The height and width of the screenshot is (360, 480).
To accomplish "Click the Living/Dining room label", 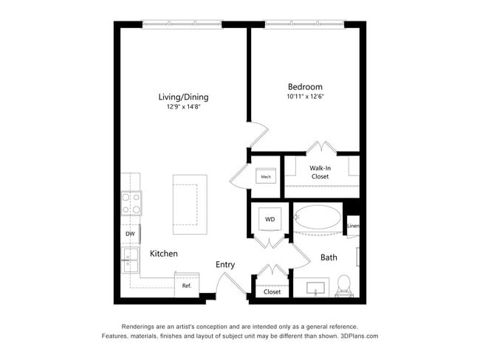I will (183, 97).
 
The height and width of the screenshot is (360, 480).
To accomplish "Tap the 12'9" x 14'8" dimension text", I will (183, 107).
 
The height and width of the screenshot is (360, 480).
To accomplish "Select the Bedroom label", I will (305, 86).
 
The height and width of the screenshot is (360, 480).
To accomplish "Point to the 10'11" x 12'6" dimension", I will (305, 97).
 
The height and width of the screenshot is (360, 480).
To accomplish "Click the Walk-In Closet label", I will (319, 173).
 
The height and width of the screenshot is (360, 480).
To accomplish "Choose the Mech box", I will (265, 177).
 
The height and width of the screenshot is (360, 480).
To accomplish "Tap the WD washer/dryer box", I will (270, 220).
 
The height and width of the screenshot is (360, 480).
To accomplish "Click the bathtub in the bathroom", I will (318, 220).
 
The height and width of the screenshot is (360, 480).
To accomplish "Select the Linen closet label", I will (353, 226).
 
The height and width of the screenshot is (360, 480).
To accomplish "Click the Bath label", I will (329, 257).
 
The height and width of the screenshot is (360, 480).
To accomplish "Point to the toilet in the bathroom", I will (343, 285).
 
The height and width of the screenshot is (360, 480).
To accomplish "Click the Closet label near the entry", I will (272, 292).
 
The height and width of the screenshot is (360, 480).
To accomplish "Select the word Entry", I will (225, 264).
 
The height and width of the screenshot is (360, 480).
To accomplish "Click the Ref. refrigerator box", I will (186, 285).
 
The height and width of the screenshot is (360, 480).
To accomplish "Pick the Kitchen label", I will (164, 254).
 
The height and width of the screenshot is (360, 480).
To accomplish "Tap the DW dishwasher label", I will (130, 234).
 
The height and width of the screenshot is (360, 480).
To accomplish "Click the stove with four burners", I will (131, 204).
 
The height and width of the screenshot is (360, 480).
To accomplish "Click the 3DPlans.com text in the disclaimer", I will (360, 336).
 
